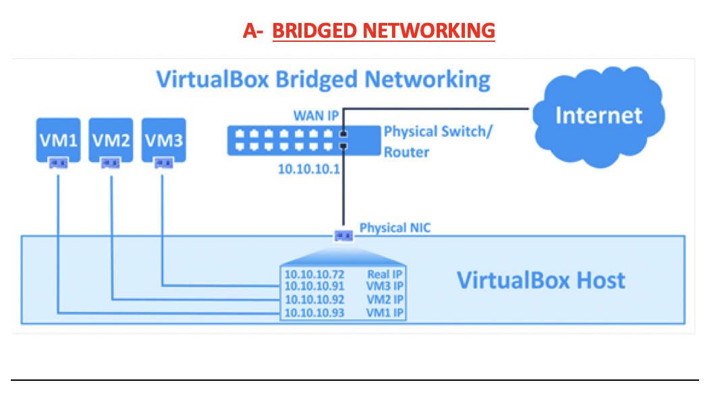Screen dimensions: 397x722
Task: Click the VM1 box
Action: click(57, 140)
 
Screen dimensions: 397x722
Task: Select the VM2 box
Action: click(111, 140)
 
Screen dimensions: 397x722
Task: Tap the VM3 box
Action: click(163, 140)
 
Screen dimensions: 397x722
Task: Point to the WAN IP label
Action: click(315, 115)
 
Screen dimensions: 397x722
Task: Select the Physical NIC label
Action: click(395, 228)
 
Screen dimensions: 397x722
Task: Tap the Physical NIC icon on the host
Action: click(343, 236)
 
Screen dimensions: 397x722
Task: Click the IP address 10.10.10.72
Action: click(314, 274)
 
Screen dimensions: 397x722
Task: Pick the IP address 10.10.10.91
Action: click(314, 287)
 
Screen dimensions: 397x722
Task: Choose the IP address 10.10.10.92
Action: click(314, 300)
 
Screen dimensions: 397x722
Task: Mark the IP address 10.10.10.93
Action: click(314, 313)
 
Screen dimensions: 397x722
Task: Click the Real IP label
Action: click(385, 274)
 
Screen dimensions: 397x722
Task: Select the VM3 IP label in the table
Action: click(384, 287)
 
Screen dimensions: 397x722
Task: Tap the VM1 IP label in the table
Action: click(384, 313)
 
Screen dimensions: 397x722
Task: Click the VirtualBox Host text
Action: click(541, 280)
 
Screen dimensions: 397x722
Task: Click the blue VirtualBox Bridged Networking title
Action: click(323, 79)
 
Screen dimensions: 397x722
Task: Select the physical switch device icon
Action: click(289, 140)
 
